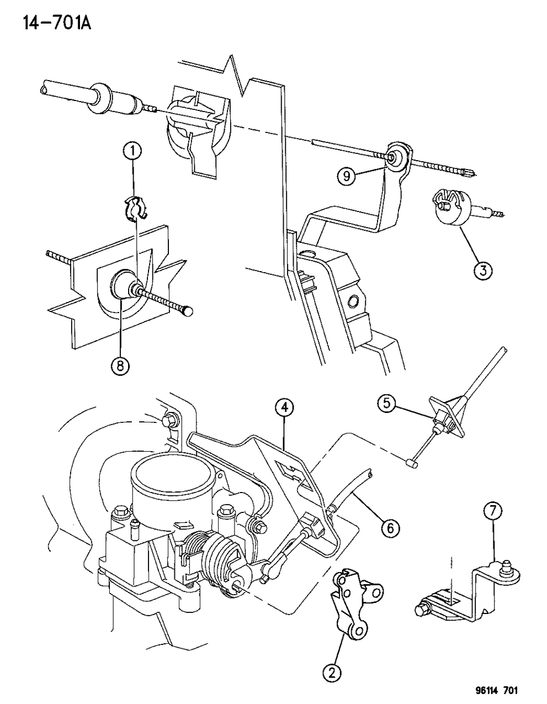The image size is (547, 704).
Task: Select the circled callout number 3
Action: tap(483, 270)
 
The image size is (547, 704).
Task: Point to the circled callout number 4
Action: tap(284, 409)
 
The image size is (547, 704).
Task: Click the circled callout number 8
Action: tap(120, 366)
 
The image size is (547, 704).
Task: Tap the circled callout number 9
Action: tap(347, 176)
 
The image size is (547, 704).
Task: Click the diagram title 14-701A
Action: tap(57, 23)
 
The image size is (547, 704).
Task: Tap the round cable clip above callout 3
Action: tap(449, 208)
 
